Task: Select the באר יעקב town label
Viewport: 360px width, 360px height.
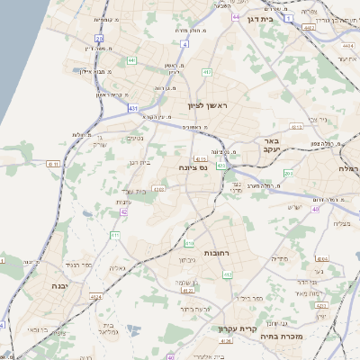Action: tap(273, 146)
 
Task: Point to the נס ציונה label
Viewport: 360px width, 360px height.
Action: tap(192, 167)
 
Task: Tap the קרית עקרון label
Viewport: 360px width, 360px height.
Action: tap(238, 328)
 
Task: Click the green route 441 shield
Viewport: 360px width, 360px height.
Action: tap(131, 60)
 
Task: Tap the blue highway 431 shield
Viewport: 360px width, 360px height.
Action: tap(133, 107)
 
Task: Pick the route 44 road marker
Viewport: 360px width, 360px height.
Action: tap(235, 17)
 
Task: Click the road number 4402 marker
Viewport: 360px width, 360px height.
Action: tap(309, 28)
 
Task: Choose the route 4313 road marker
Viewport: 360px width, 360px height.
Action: tap(321, 306)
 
